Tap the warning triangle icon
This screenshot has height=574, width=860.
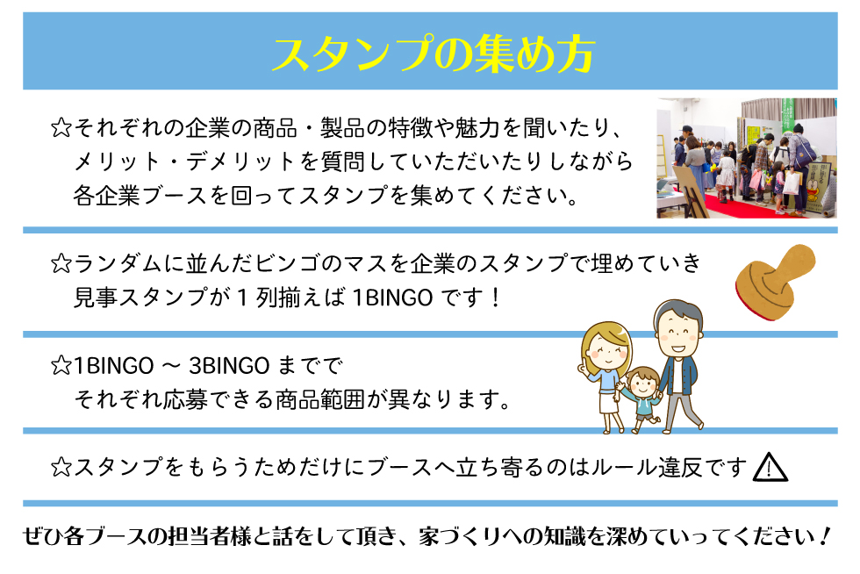click(770, 468)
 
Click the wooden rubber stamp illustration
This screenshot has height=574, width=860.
click(774, 282)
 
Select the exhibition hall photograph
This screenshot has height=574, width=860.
click(747, 158)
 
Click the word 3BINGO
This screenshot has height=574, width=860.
click(229, 366)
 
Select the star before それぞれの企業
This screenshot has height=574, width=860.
click(61, 128)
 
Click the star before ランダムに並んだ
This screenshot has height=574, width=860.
click(61, 264)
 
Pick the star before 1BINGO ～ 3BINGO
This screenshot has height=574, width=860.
click(61, 365)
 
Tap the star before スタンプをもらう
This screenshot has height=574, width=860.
click(61, 468)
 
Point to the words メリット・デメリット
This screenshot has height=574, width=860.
click(186, 161)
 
